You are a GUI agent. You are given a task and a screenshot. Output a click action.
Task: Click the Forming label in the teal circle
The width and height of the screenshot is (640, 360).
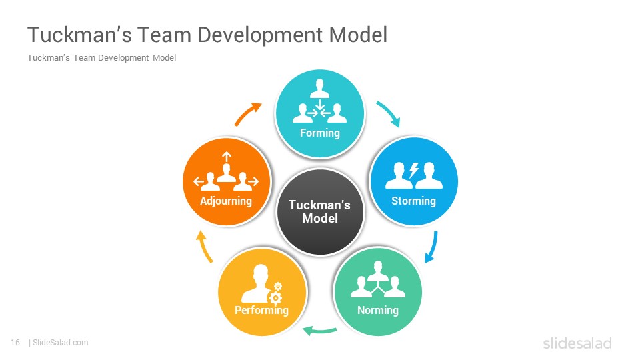coord(319,133)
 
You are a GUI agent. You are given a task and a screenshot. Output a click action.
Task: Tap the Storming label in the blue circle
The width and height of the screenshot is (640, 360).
coord(413,201)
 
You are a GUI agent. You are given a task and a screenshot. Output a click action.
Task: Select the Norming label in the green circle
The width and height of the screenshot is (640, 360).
coord(378,310)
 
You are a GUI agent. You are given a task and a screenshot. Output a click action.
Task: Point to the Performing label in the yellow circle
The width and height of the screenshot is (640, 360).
coord(261,310)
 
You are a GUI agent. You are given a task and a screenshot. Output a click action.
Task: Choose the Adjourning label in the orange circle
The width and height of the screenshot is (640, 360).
coord(226,201)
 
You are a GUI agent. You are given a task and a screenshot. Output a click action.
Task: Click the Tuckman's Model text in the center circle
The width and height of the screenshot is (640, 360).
coord(319,211)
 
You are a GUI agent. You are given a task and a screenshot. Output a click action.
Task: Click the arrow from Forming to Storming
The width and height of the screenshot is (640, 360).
coord(389,113)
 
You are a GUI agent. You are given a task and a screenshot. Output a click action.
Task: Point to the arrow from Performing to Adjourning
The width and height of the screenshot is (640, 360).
coord(204,247)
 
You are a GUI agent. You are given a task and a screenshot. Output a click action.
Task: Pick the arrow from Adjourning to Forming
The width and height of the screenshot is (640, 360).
coord(247,113)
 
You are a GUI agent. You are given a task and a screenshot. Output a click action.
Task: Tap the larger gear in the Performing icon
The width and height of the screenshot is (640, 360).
coord(276,298)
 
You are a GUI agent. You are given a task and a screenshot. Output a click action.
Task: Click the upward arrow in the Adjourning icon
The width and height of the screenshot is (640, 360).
coord(227,157)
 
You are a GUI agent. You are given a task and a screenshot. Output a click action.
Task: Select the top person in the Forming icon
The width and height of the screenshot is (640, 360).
coord(319,88)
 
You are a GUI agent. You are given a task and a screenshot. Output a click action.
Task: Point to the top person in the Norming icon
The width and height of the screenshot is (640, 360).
coord(378,271)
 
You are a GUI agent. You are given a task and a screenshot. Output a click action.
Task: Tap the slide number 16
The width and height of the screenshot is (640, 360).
coord(15,343)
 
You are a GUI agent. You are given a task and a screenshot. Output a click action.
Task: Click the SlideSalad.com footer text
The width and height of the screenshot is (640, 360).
coord(60,343)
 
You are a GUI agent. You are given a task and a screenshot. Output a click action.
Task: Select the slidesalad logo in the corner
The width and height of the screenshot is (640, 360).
coord(577,343)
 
